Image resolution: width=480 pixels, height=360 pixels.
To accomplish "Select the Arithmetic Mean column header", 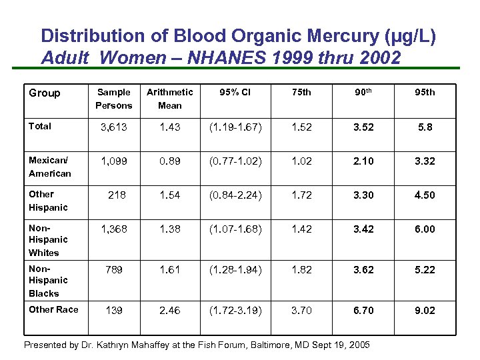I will click(x=169, y=99).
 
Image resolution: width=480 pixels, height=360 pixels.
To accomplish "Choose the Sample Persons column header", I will click(x=114, y=99).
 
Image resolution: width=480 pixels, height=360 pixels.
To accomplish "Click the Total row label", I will click(x=40, y=126).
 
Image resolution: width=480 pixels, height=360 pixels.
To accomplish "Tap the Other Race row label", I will click(x=53, y=309).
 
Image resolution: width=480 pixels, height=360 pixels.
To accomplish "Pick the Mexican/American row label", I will click(x=49, y=167).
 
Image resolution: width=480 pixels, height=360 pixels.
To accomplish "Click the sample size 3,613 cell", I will click(x=113, y=127).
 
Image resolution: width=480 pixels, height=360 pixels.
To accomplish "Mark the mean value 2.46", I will click(x=169, y=311).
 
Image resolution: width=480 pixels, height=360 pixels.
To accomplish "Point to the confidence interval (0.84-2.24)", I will click(x=235, y=195).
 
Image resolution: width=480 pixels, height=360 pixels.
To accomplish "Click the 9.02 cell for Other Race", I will click(x=425, y=311).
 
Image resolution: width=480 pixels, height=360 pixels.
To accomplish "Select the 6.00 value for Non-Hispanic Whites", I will click(x=425, y=229).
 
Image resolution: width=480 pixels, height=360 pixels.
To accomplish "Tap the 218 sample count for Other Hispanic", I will click(x=117, y=195).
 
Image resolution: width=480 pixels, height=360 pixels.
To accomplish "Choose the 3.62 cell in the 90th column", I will click(x=364, y=270).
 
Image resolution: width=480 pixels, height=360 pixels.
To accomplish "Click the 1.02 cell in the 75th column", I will click(x=302, y=161).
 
